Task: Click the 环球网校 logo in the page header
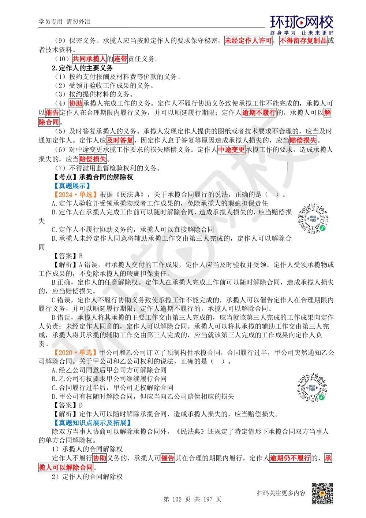click(302, 25)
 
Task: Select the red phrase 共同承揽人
click(89, 59)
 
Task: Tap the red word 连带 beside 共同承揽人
click(120, 59)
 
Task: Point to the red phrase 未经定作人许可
click(248, 41)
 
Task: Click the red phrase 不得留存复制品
click(303, 41)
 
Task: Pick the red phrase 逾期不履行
click(259, 113)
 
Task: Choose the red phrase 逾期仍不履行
click(290, 458)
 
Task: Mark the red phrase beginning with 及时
click(120, 140)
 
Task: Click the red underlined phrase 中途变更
click(231, 149)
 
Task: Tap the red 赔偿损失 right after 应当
click(303, 140)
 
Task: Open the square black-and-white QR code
click(322, 493)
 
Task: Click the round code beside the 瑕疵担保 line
click(313, 218)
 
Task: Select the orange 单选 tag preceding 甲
click(75, 352)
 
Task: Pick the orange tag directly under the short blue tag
click(75, 195)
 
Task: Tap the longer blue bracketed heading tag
click(92, 423)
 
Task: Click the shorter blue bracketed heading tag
click(72, 186)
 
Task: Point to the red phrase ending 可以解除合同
click(66, 467)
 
